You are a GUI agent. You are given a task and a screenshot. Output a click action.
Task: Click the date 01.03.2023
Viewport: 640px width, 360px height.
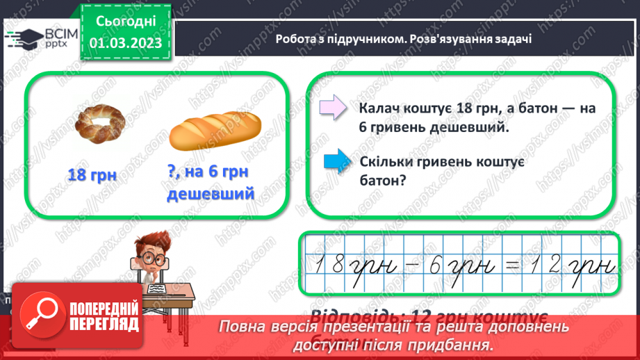click(x=125, y=43)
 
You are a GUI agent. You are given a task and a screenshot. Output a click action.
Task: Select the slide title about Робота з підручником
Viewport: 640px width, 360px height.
click(x=403, y=38)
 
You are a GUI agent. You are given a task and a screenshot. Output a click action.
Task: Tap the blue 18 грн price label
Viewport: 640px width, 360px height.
click(x=92, y=174)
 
